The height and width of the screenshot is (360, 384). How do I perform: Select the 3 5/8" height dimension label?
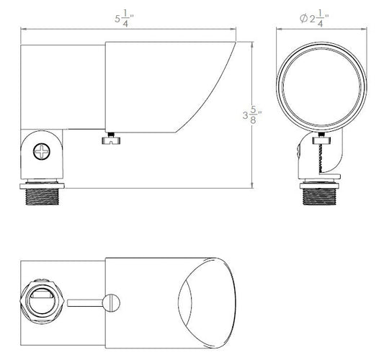[252, 115]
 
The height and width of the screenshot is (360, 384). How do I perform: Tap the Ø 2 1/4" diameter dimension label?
[314, 18]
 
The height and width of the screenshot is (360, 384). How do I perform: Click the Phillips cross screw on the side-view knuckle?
[42, 151]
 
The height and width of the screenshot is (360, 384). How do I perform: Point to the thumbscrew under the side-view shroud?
[111, 138]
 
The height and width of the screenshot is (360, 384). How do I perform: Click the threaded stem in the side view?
[42, 197]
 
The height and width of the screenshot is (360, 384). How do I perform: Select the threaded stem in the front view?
[320, 197]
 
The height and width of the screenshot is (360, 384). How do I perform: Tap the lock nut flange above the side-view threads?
[42, 186]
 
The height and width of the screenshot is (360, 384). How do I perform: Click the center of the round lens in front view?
[321, 87]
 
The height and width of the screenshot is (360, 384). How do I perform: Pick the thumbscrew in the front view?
[321, 139]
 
